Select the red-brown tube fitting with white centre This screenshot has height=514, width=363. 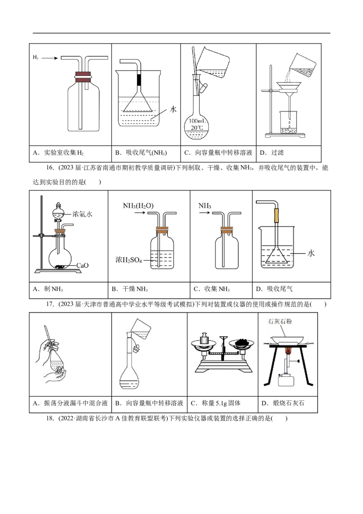coord(83,76)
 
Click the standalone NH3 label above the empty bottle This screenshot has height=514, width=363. coord(205,206)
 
